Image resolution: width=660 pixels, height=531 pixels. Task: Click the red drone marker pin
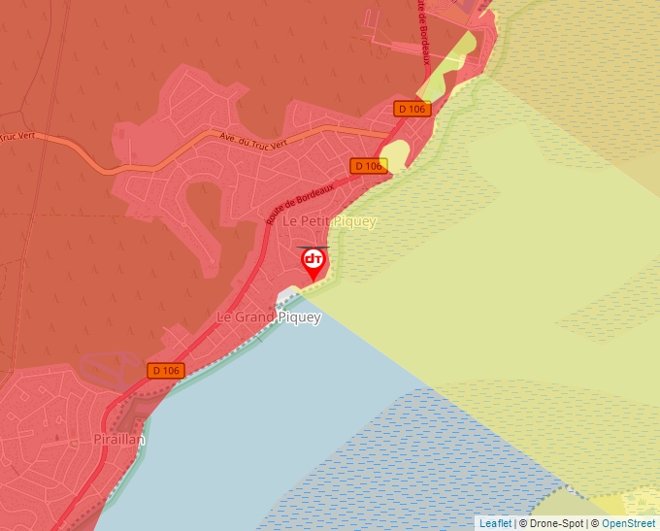click(x=313, y=262)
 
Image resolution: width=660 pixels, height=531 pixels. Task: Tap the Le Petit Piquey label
click(x=328, y=221)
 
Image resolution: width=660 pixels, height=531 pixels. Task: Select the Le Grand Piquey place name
click(x=268, y=317)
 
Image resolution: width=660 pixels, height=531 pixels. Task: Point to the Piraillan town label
click(x=119, y=440)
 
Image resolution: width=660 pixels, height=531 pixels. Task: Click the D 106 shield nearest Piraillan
click(x=167, y=371)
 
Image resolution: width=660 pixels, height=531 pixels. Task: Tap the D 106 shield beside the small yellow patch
click(x=369, y=166)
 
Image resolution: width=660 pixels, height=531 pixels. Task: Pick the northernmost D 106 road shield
click(x=412, y=109)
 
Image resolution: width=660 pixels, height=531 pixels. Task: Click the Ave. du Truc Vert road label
click(x=253, y=142)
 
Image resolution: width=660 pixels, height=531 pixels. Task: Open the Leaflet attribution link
click(x=495, y=523)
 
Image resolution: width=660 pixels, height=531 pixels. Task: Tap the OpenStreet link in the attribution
click(x=630, y=523)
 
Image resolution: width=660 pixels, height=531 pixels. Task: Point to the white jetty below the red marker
click(x=288, y=295)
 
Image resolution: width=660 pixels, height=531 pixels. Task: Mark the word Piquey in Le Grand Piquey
click(x=299, y=317)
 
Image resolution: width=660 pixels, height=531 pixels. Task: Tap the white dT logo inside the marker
click(x=313, y=259)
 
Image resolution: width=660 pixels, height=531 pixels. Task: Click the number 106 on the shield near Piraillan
click(x=172, y=371)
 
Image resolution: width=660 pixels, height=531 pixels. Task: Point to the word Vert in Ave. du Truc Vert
click(x=277, y=145)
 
